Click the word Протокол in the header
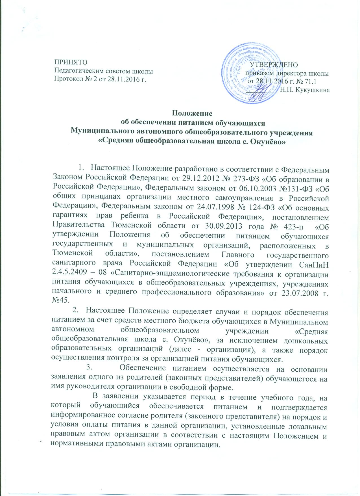(67, 78)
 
